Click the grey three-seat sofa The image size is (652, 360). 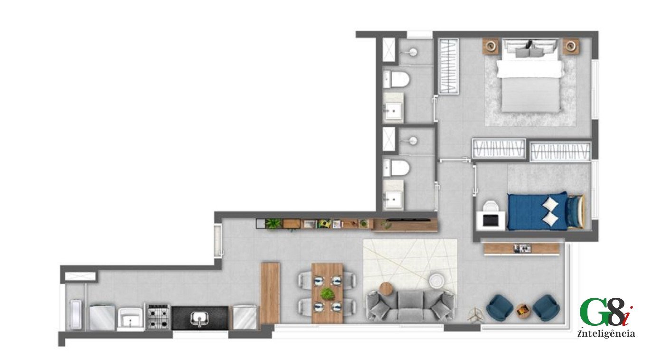point(410,306)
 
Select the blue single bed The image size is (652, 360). point(546,211)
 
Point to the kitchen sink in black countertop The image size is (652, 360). point(199,318)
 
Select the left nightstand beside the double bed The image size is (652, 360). point(491,46)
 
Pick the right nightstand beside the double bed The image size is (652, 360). point(570,46)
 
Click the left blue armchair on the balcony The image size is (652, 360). point(500,308)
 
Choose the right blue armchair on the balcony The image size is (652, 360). point(546,308)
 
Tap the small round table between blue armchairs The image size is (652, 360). point(523,311)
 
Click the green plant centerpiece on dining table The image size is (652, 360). point(328,294)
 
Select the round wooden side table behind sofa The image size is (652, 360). point(386,289)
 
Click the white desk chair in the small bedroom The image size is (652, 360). point(491,206)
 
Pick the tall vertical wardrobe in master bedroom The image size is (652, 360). point(449,66)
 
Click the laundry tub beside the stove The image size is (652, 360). point(130,318)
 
